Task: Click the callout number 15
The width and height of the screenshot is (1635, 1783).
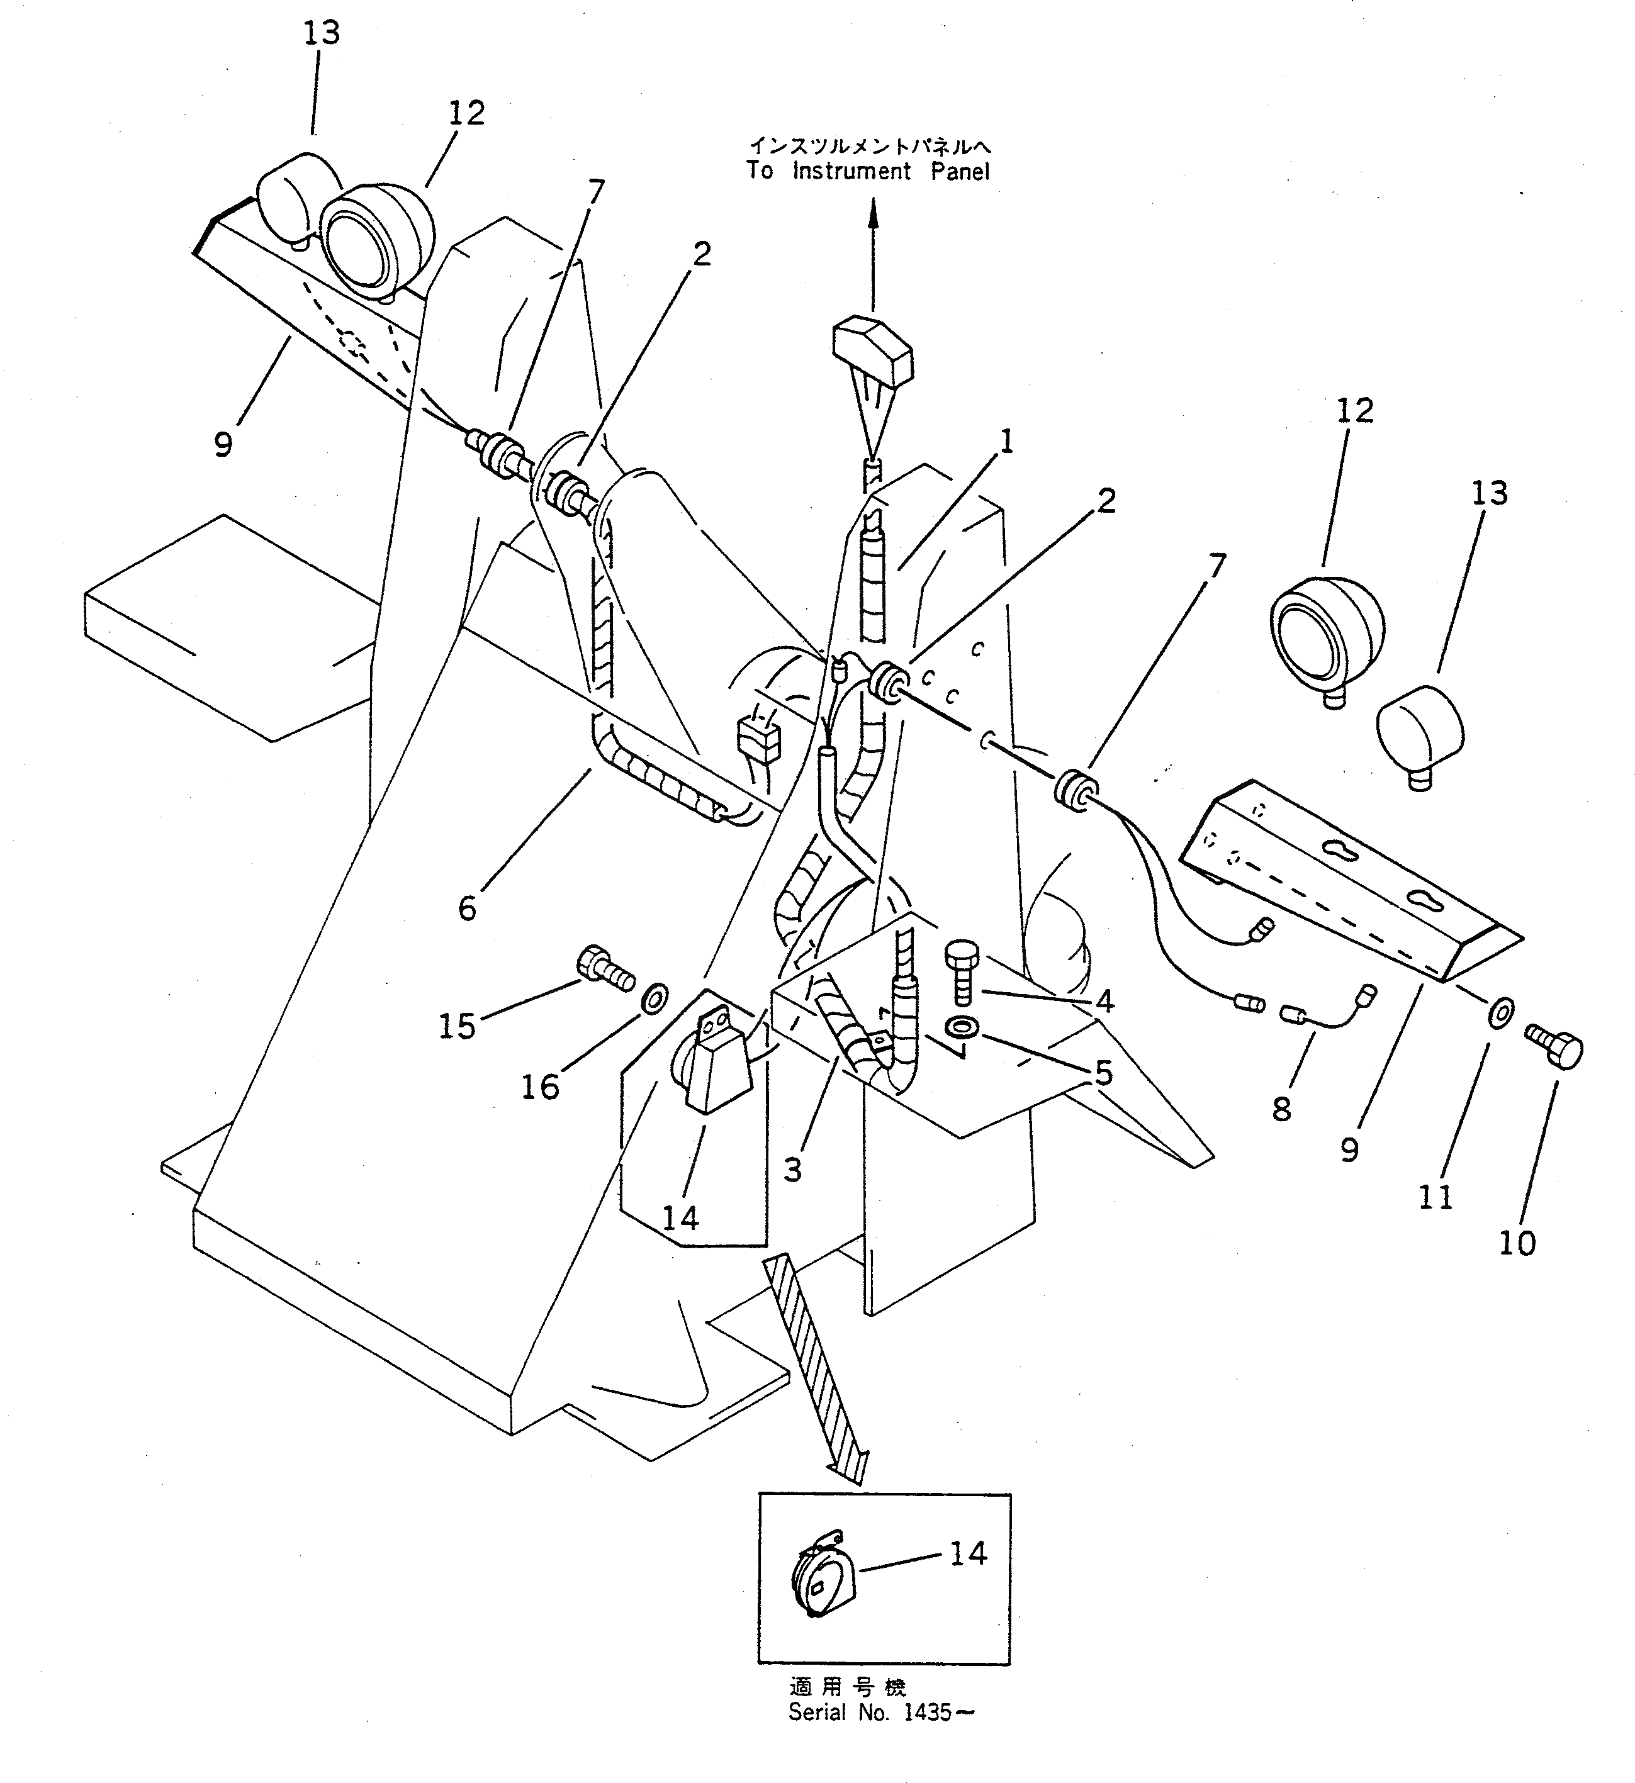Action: pyautogui.click(x=456, y=1026)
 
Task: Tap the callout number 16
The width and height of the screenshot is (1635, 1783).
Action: pyautogui.click(x=540, y=1087)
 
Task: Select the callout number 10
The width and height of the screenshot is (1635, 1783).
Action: pyautogui.click(x=1517, y=1243)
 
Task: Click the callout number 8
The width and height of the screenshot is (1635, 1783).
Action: pyautogui.click(x=1282, y=1108)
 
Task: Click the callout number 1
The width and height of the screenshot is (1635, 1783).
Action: pyautogui.click(x=1006, y=441)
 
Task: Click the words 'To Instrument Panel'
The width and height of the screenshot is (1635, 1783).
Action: pyautogui.click(x=867, y=170)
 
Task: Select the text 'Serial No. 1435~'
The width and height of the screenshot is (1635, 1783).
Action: pyautogui.click(x=880, y=1713)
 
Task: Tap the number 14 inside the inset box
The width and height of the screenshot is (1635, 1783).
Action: pyautogui.click(x=968, y=1553)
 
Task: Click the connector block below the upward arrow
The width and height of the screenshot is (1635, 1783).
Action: pyautogui.click(x=872, y=349)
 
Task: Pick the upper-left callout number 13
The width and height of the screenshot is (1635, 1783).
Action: pyautogui.click(x=321, y=33)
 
